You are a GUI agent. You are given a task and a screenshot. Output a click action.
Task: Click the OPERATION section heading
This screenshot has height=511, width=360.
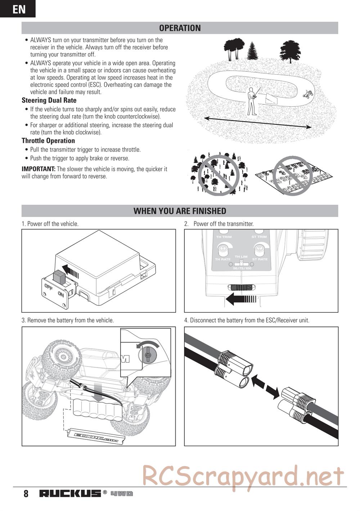coord(180,28)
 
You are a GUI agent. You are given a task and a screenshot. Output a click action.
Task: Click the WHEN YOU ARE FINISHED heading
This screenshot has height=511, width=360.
coord(180,211)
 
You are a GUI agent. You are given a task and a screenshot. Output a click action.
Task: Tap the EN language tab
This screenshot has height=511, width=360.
coord(18,9)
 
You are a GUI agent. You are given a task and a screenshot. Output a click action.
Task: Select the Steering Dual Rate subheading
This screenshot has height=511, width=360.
coord(49,100)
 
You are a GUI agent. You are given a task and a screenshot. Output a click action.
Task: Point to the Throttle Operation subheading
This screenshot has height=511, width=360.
coord(48,141)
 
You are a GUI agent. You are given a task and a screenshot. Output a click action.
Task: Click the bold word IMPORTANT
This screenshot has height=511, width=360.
coord(38,169)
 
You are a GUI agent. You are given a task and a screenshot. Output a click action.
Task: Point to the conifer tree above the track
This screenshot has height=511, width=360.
coord(252,51)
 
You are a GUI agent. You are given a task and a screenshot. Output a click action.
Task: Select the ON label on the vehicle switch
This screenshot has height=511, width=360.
coord(60,294)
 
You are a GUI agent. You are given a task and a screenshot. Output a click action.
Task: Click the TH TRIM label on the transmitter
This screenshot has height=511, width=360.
coord(224,237)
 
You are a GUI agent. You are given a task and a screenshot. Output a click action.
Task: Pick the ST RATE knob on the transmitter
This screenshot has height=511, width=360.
coord(260,248)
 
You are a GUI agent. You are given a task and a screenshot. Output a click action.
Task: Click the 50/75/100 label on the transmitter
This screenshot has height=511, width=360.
coord(242,268)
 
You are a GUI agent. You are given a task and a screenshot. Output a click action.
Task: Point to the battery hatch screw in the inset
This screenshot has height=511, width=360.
coord(148,355)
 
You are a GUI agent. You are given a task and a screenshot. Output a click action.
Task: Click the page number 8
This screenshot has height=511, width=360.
coord(26,493)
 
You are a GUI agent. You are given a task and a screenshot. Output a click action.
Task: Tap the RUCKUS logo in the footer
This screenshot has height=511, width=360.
coord(70,493)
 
